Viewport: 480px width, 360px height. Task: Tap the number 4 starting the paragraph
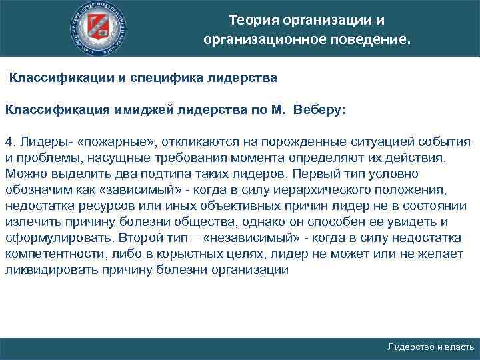[x=8, y=142]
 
